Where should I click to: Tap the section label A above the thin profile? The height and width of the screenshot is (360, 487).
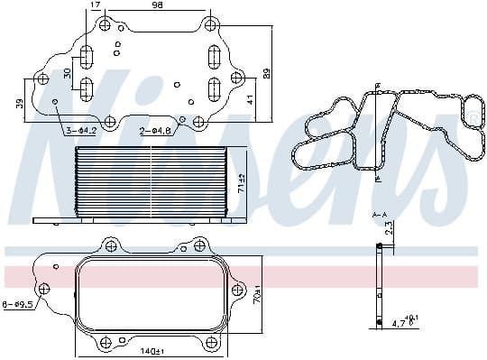pyautogui.click(x=382, y=214)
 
